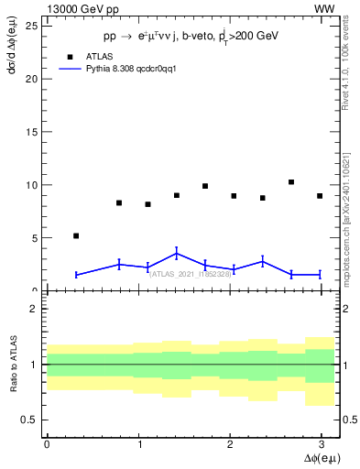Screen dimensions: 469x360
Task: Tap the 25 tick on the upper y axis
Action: pos(36,25)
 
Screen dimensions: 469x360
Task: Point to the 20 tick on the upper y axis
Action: pos(36,78)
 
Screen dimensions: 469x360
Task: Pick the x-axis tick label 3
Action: pos(322,444)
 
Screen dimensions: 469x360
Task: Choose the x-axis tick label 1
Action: pos(138,444)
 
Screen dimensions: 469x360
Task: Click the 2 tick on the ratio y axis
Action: pos(36,310)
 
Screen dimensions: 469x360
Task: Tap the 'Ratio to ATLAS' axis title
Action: pos(13,365)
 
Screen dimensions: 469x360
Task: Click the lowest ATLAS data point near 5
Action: pos(76,235)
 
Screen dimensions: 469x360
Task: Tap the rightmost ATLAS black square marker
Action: pos(320,196)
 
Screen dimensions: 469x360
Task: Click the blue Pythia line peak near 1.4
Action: pos(177,253)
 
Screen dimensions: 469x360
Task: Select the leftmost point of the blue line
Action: pos(76,275)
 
